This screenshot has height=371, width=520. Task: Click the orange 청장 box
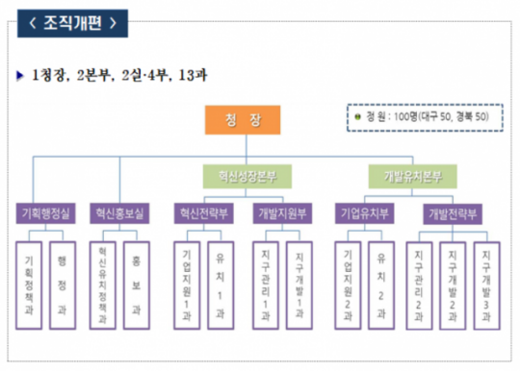point(242,121)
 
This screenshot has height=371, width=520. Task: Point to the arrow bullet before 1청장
point(20,75)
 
